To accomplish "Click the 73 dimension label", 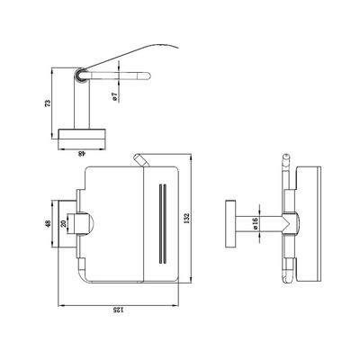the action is (x=48, y=103).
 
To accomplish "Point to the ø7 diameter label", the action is (x=114, y=96).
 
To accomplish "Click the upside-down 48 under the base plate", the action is (x=82, y=154).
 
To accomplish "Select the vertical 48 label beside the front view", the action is (x=48, y=224).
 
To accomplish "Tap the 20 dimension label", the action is (x=63, y=223).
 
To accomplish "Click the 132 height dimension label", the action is (x=185, y=219).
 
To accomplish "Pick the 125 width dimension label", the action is (x=118, y=310).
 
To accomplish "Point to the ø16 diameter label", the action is (x=256, y=223).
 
